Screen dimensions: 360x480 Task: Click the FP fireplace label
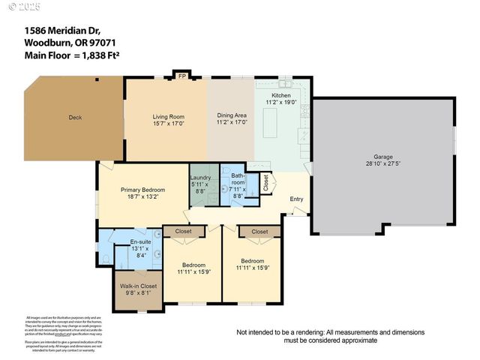pos(181,76)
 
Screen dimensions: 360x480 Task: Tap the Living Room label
pos(169,117)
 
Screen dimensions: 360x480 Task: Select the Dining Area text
pos(232,115)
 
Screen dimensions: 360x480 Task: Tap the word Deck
pos(75,117)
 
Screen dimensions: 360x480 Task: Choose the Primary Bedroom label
pos(142,190)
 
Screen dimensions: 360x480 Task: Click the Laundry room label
pos(201,178)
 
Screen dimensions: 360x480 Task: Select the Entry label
pos(298,199)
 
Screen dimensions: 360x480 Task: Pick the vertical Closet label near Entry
pos(265,182)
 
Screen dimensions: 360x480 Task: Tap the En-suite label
pos(141,241)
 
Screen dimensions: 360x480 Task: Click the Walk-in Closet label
pos(139,286)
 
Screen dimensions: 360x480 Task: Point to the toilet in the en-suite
pos(106,259)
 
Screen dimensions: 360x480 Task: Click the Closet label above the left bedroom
pos(184,232)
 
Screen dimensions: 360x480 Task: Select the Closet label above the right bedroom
pos(259,232)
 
